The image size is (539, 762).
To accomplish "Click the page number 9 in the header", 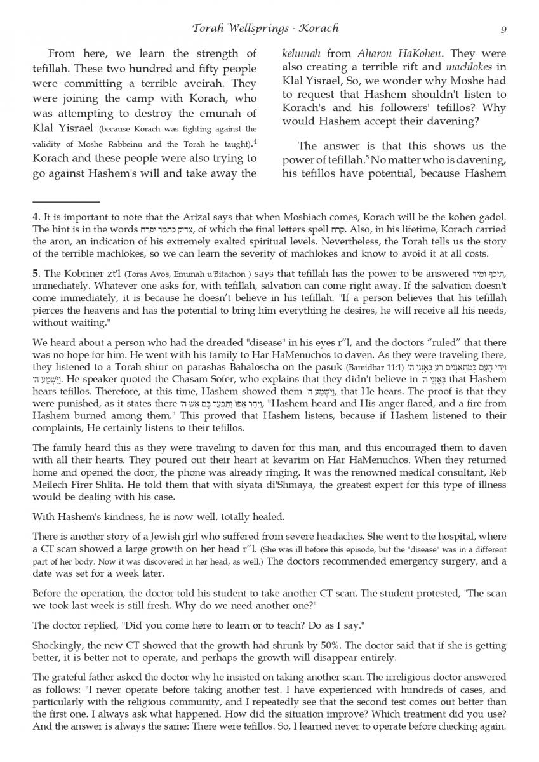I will point(503,28).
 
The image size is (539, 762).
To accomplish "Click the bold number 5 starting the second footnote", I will point(35,274).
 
